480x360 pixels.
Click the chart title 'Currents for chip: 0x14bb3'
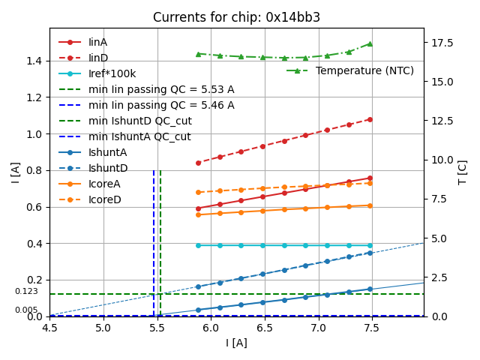236,17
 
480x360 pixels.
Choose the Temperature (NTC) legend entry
364,70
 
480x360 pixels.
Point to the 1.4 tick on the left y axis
34,61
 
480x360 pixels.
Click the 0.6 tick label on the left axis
34,207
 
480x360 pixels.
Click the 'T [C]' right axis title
463,172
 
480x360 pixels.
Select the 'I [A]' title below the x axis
236,343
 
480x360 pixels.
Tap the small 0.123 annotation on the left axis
26,292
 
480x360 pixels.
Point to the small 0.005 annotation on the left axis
26,310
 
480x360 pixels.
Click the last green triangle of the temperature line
370,43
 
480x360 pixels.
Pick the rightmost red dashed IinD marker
370,119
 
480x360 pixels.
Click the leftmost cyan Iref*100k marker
198,245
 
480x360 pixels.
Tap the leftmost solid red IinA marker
198,208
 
